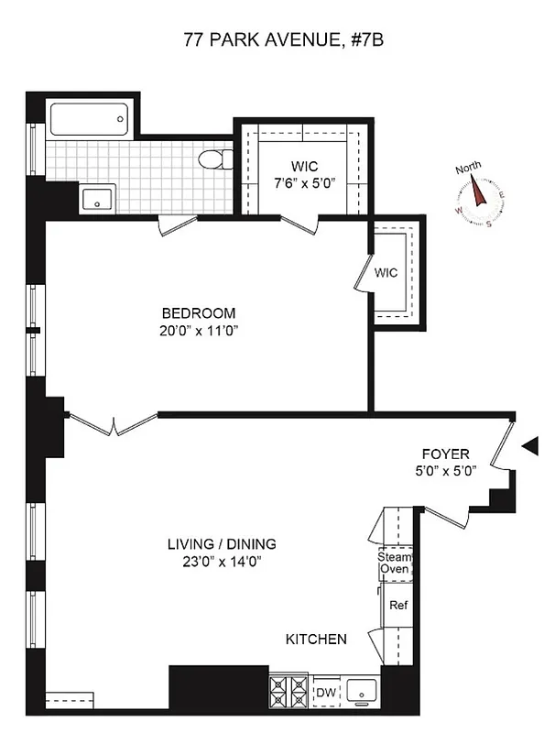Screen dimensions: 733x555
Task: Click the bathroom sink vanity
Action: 96,198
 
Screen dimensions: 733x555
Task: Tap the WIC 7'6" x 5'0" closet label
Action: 306,174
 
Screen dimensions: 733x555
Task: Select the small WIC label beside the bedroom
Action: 386,271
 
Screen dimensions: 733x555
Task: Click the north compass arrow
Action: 478,191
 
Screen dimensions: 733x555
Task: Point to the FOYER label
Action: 445,454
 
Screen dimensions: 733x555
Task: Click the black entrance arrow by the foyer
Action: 529,446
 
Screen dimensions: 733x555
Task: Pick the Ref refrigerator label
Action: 398,606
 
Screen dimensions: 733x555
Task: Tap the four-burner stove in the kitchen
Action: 289,689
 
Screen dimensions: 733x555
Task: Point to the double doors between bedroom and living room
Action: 113,424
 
